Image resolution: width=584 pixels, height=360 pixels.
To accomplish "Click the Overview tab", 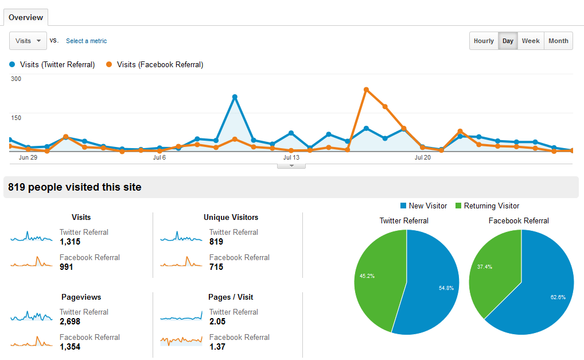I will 26,17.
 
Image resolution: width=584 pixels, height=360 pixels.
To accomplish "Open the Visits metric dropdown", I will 28,41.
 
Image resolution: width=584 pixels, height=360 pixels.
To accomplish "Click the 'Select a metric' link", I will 86,41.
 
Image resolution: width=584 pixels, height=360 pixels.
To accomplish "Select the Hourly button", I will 484,41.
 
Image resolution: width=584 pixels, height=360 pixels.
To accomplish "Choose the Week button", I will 530,41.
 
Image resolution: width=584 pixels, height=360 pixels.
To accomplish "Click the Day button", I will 508,41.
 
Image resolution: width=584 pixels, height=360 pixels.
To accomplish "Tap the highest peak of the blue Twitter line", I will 235,97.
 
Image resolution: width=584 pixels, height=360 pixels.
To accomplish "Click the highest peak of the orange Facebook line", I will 366,90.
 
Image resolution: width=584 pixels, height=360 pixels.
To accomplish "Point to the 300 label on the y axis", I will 16,79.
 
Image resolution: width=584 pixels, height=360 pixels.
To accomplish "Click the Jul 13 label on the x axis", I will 291,157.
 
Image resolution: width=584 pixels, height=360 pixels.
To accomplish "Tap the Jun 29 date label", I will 28,157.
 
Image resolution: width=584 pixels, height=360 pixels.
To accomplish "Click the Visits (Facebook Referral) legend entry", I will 155,65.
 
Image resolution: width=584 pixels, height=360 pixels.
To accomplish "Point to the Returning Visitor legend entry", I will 487,206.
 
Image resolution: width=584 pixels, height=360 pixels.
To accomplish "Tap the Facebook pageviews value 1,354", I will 70,347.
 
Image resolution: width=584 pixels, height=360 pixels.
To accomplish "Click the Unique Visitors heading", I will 231,217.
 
